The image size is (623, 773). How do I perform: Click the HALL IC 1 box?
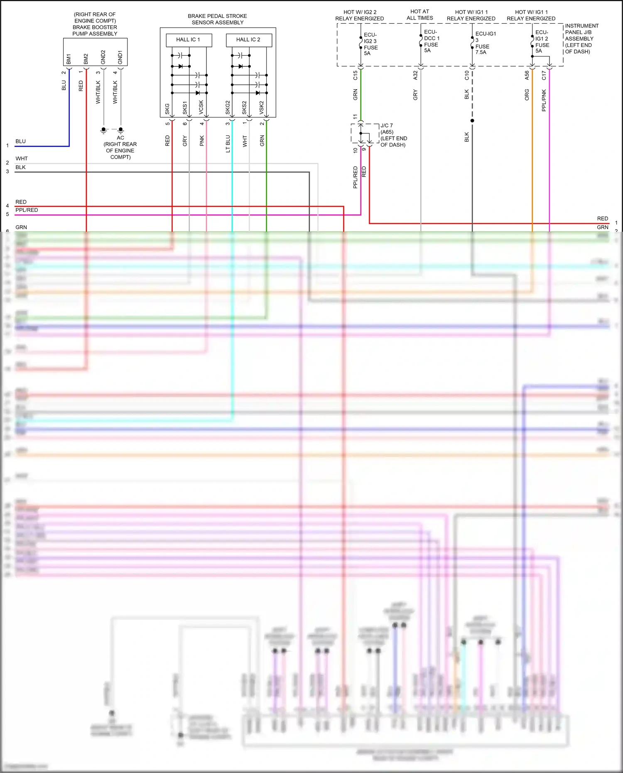(189, 40)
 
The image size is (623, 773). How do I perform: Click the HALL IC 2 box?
(248, 40)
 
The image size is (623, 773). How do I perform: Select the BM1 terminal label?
(69, 59)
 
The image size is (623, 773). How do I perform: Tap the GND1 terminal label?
(120, 58)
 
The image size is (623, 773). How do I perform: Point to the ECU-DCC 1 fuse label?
(432, 41)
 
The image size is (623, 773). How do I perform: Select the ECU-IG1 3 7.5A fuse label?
(485, 43)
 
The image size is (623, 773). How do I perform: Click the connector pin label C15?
(355, 75)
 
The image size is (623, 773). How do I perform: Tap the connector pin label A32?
(415, 75)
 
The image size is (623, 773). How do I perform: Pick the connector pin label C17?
(544, 75)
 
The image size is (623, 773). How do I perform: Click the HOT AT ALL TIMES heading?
(419, 15)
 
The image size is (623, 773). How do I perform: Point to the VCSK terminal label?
(201, 107)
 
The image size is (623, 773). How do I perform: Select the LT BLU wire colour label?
(228, 144)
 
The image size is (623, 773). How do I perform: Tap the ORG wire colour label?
(527, 95)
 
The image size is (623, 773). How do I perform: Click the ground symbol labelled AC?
(120, 130)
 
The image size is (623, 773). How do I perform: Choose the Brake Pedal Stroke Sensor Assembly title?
(217, 19)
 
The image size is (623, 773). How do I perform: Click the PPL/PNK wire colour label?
(544, 100)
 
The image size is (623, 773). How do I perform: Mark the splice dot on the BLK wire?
(472, 121)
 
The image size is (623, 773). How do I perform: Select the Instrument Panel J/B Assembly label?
(581, 39)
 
